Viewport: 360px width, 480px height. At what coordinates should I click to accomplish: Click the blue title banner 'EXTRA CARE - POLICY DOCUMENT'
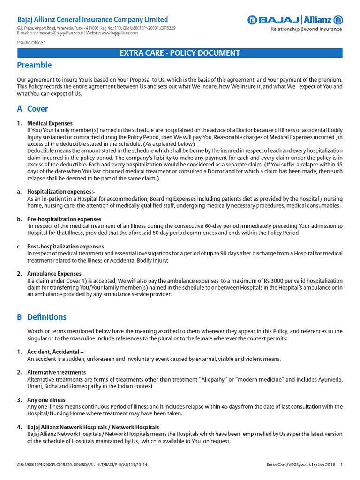tap(180, 53)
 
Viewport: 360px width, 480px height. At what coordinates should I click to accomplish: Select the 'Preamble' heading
tap(34, 65)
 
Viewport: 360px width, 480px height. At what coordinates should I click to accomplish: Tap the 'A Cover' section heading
tap(32, 109)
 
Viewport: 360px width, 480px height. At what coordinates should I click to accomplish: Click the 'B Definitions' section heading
tap(42, 317)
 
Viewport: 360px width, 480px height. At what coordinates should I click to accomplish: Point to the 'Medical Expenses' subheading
tap(50, 123)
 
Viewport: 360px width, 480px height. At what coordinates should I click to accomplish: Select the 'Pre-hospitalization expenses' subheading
tap(64, 219)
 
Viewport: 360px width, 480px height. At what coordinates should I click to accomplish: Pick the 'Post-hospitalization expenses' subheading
tap(66, 246)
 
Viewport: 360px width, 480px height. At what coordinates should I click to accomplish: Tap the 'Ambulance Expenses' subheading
tap(54, 273)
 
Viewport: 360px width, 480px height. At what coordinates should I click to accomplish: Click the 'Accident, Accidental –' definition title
tap(55, 352)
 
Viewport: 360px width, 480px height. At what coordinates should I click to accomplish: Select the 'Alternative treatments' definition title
tap(56, 372)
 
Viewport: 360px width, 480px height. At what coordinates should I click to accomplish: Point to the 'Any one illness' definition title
tap(46, 400)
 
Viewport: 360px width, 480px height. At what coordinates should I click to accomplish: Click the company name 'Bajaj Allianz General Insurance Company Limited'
tap(92, 20)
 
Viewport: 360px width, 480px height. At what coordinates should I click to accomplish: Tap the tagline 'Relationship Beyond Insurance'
tap(306, 29)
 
